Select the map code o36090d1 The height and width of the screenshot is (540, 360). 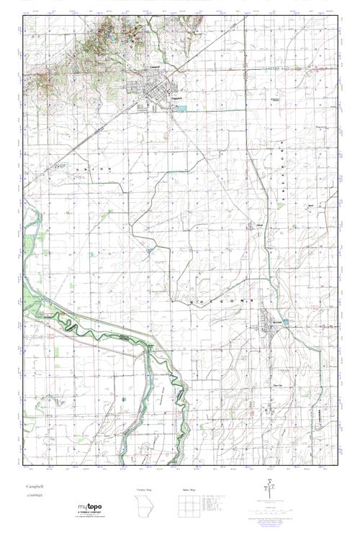34,497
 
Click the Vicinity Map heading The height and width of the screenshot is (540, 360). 145,490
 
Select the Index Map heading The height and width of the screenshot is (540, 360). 186,490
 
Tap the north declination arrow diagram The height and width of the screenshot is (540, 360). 267,491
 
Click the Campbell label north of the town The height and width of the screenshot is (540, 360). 153,68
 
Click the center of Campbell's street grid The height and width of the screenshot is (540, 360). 153,95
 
